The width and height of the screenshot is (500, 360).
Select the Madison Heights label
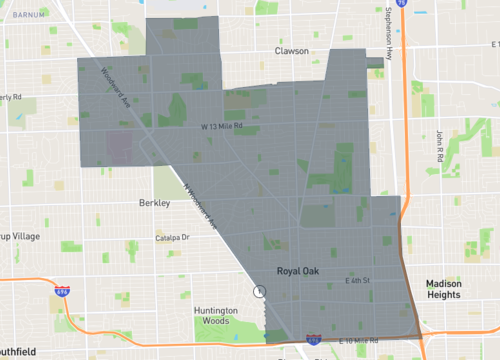[x=443, y=289]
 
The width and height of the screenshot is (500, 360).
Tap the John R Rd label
[x=439, y=146]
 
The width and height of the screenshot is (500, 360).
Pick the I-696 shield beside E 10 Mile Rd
[x=313, y=341]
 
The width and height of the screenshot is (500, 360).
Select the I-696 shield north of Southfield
[x=62, y=291]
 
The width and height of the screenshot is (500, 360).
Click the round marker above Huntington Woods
[x=261, y=291]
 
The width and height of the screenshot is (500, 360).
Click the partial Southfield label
[x=18, y=351]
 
